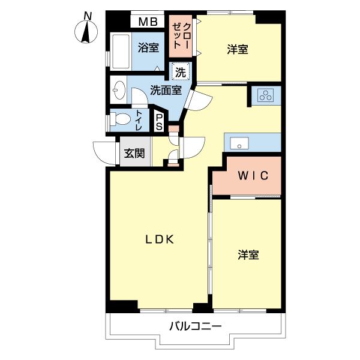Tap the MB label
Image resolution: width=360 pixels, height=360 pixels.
[148, 23]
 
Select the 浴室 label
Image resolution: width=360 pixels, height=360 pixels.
[148, 47]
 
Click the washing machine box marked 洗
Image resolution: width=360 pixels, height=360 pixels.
[181, 71]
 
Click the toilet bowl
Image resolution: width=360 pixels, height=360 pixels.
[122, 119]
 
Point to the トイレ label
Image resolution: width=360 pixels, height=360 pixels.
[140, 120]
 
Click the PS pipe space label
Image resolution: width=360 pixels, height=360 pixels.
[158, 121]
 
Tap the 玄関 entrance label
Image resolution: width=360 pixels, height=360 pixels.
[134, 153]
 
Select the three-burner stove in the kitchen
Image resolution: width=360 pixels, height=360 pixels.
[265, 95]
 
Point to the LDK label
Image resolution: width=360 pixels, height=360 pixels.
[160, 239]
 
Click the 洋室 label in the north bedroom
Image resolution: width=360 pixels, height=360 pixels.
[238, 50]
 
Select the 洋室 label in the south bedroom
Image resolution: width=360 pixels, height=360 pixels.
[248, 255]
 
